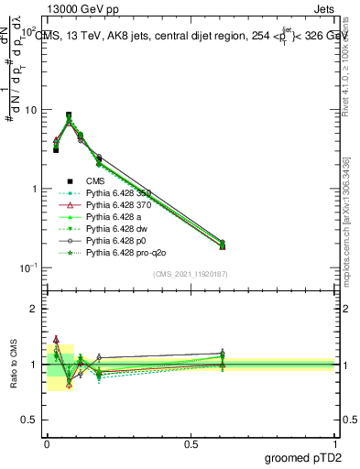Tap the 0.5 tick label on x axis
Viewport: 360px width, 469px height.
pos(191,442)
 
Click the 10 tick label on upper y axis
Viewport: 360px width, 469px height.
pos(32,110)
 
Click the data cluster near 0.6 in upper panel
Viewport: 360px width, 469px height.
pos(223,245)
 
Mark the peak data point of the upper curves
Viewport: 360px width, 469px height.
pos(69,116)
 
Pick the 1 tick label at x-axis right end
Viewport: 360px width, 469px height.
pos(335,442)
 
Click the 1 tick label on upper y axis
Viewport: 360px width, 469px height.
pos(36,189)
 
